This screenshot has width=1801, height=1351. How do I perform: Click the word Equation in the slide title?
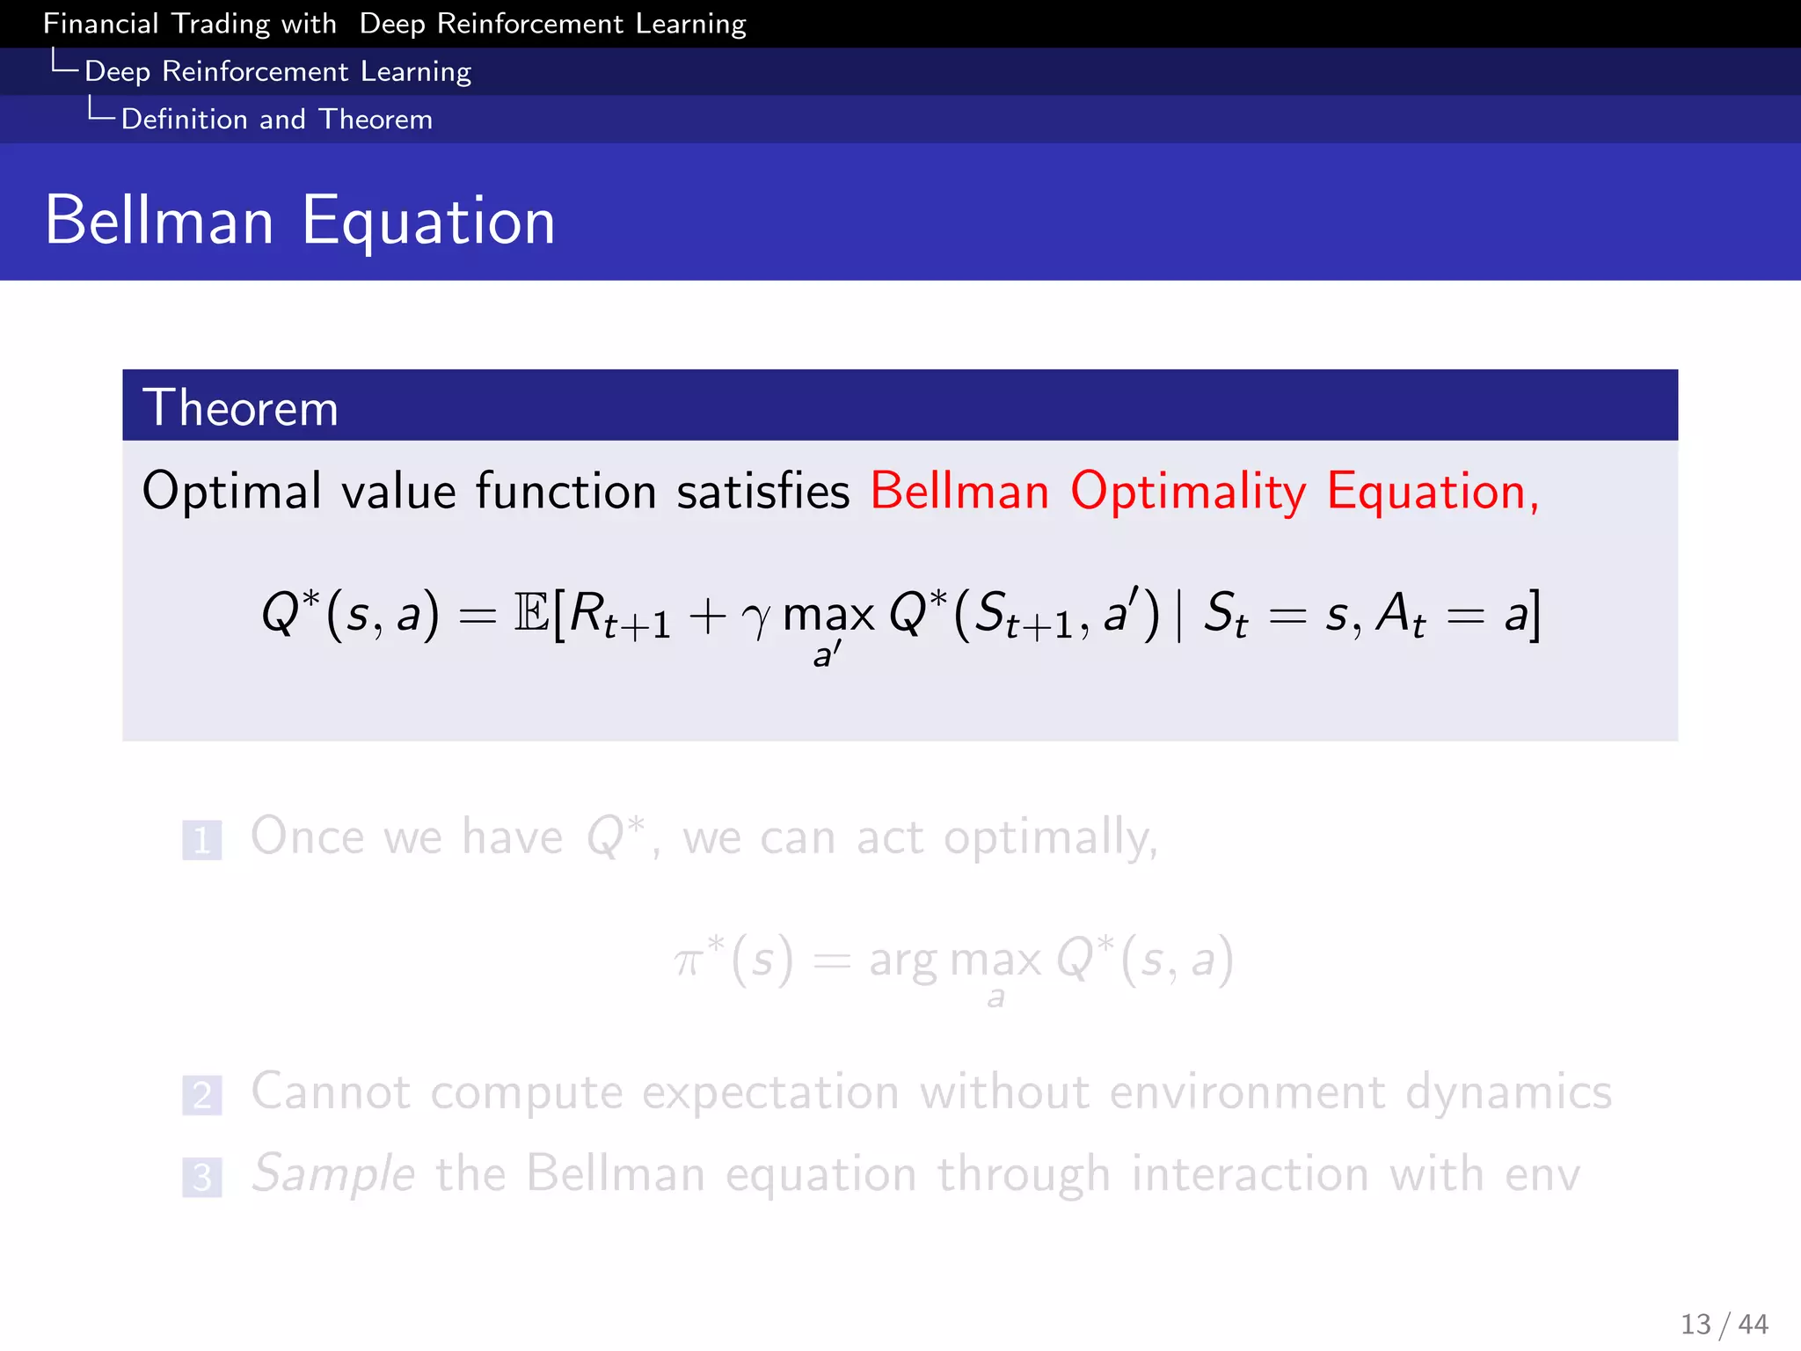pos(428,222)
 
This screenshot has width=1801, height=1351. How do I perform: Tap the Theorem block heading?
pos(240,407)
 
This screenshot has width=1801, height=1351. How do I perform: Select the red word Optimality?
pos(1187,491)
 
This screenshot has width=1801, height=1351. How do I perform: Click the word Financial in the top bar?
pos(100,23)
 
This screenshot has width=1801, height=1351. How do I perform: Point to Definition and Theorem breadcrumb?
pos(276,119)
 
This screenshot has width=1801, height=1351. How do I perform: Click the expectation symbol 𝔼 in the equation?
pos(531,613)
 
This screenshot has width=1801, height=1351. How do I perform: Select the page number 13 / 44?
pos(1724,1324)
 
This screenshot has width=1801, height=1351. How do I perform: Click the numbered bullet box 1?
pos(201,840)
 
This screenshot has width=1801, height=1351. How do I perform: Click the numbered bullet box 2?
pos(201,1095)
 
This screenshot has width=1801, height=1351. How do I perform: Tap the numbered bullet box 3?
pos(201,1177)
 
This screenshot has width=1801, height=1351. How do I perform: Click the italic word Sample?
pos(332,1174)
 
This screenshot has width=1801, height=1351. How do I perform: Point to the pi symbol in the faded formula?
pos(689,960)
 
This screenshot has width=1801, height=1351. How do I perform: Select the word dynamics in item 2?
pos(1507,1092)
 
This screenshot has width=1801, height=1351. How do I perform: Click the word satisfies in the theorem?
pos(762,491)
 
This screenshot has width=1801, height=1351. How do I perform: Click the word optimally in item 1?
pos(1050,837)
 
